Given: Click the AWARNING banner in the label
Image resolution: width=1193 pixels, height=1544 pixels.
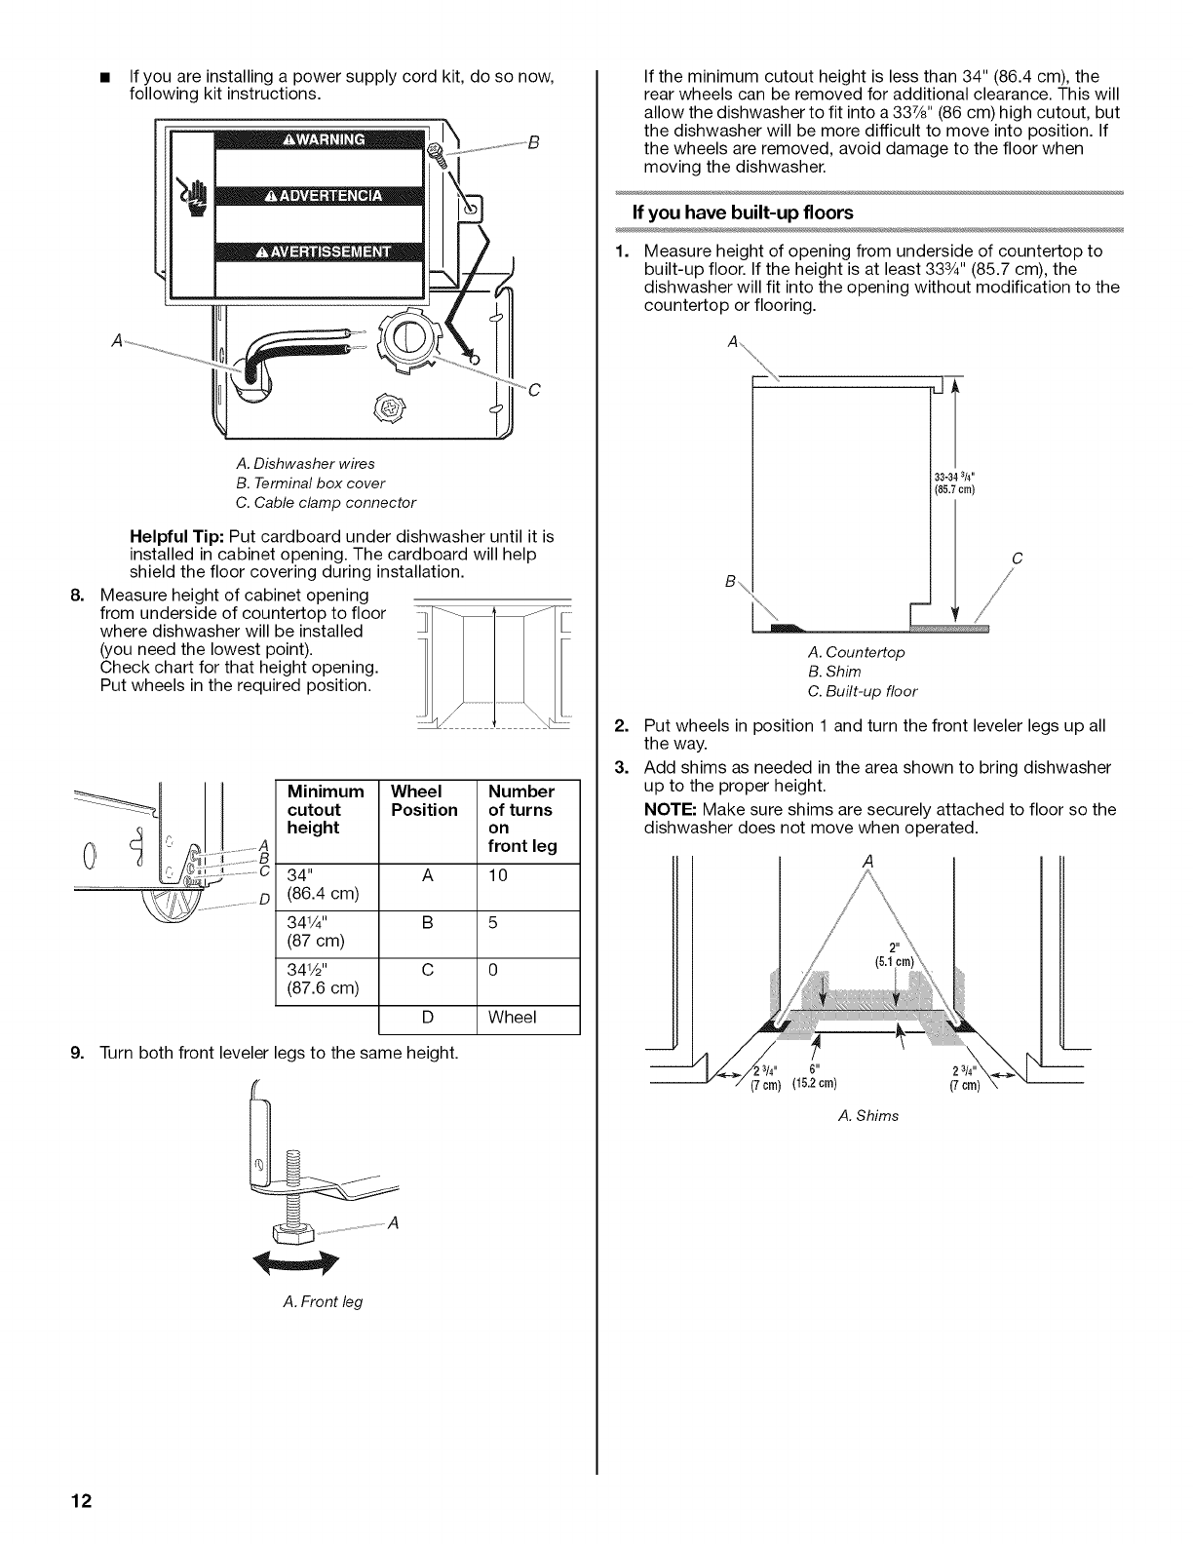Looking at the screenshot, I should pos(322,138).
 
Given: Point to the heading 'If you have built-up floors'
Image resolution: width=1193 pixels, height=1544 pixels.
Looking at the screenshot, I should pos(743,212).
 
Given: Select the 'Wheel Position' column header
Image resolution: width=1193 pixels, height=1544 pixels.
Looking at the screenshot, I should pos(424,800).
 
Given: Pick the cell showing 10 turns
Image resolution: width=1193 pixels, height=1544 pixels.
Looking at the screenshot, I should pos(498,875).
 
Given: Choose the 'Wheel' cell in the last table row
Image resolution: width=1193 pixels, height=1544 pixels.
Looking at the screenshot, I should pos(513,1018).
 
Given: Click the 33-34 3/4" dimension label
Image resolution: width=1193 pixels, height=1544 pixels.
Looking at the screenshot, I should pos(954,482).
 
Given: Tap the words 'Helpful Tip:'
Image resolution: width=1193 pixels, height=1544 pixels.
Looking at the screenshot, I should pos(177,537).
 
